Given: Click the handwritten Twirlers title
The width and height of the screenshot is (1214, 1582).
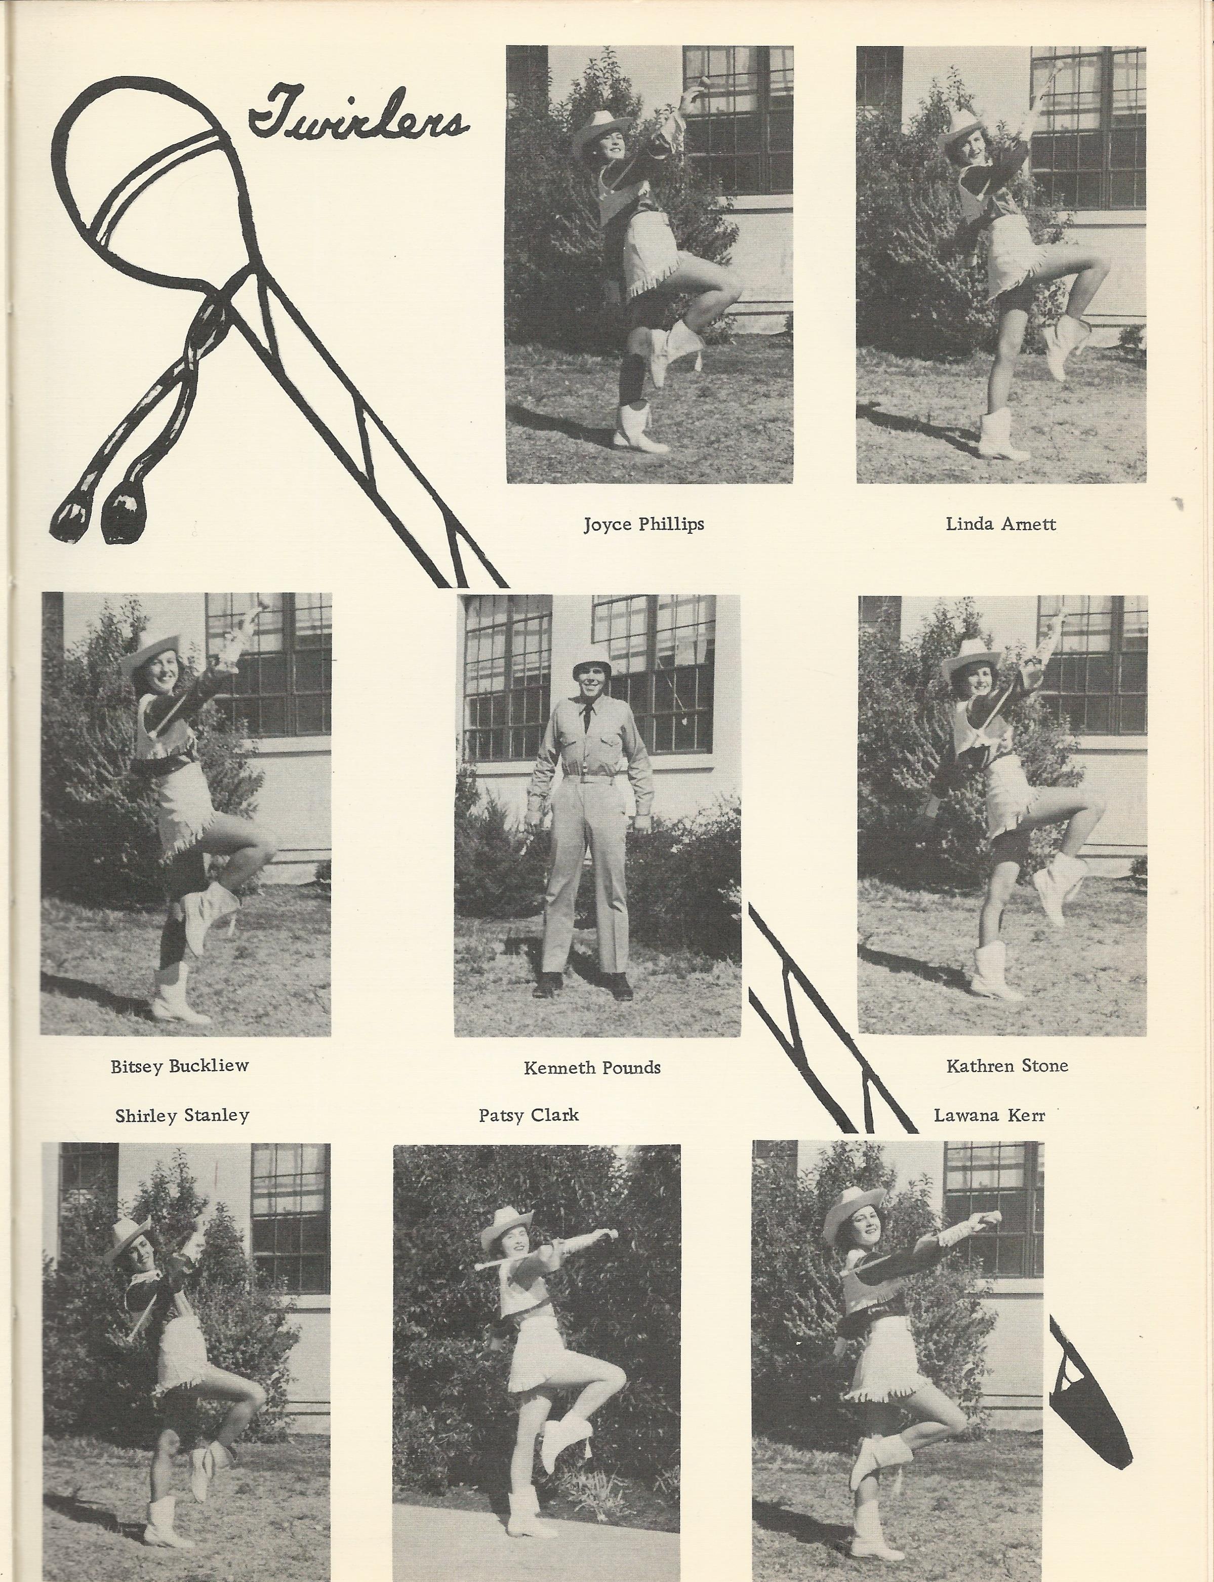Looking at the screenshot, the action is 358,113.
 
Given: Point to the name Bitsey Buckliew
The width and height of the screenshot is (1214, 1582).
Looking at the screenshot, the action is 179,1066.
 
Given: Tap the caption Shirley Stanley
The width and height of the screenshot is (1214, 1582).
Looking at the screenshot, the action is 182,1115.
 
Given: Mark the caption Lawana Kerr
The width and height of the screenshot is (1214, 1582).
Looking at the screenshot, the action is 989,1115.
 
